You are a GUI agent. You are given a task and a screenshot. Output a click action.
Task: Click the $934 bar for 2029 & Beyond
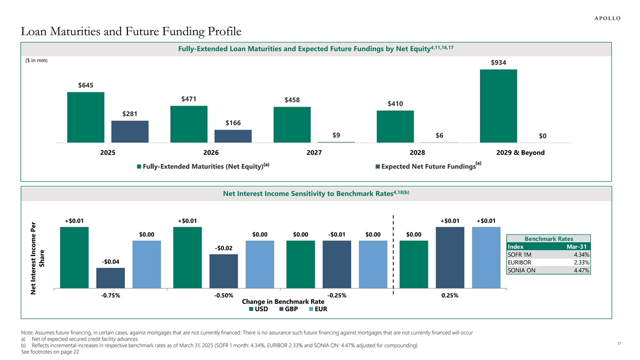click(x=498, y=106)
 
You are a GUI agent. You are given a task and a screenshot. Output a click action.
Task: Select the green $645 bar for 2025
click(x=85, y=117)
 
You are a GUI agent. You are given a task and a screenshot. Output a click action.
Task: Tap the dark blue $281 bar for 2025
click(x=130, y=132)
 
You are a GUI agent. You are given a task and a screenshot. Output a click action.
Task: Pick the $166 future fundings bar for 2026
click(x=233, y=136)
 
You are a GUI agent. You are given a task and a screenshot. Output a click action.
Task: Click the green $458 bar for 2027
click(x=292, y=125)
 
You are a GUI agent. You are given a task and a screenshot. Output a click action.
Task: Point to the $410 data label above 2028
click(x=395, y=103)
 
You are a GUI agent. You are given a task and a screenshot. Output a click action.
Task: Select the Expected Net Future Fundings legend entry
click(x=428, y=167)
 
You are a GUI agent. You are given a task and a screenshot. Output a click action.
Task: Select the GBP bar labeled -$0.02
click(x=223, y=271)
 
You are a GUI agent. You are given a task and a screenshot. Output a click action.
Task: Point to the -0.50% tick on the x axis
click(x=223, y=296)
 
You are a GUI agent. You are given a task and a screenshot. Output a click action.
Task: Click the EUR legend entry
click(x=317, y=309)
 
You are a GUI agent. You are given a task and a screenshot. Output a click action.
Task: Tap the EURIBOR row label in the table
click(x=519, y=262)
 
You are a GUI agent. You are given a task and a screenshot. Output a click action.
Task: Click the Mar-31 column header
click(x=577, y=246)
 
